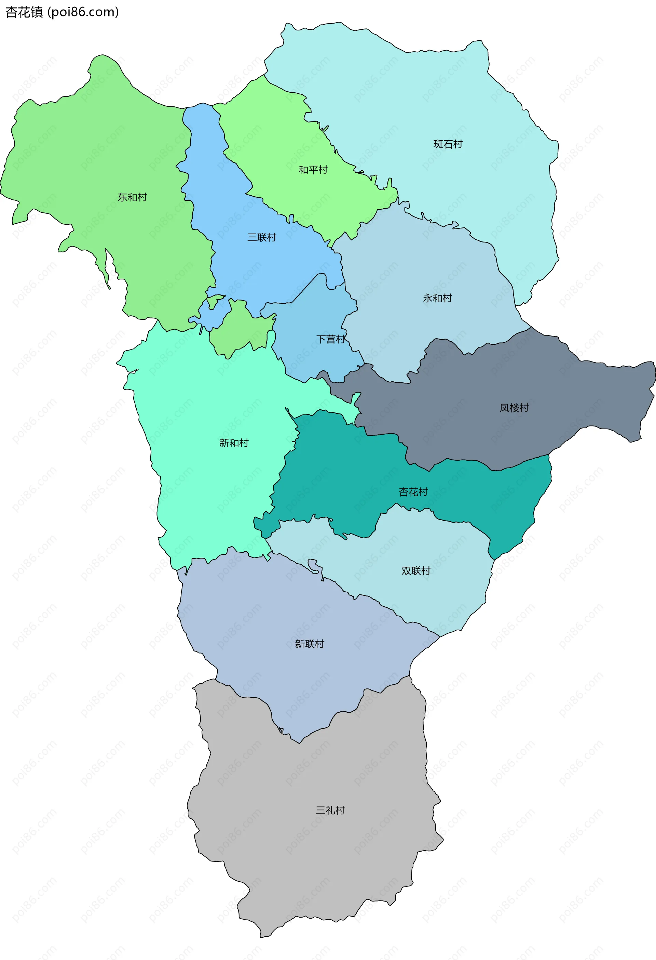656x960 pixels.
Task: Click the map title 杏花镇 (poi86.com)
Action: (x=62, y=12)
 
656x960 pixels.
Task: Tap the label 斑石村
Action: (x=448, y=144)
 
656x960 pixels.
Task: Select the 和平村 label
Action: (x=313, y=170)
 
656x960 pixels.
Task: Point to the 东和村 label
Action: (x=132, y=197)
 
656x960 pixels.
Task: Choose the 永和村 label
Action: (x=437, y=298)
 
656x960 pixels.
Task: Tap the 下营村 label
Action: (x=330, y=339)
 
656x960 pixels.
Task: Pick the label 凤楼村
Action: (x=514, y=408)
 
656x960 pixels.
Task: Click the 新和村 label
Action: (x=234, y=443)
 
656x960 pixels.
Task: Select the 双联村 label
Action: (x=415, y=571)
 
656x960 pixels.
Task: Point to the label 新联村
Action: (x=310, y=644)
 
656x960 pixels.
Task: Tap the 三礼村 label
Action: (x=330, y=811)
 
